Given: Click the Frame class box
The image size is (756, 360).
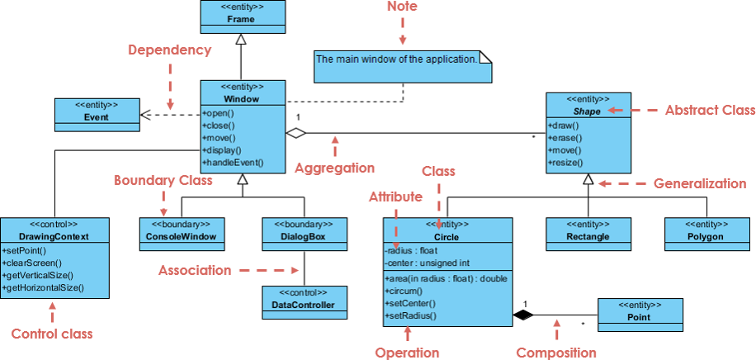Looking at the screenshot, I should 242,13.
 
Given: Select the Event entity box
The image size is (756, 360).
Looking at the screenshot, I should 96,111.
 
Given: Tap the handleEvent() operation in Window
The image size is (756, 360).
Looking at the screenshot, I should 233,163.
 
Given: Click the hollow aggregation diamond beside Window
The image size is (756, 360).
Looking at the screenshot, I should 295,132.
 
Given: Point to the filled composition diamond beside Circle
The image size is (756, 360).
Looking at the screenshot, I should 522,314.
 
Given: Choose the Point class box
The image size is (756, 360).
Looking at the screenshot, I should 640,311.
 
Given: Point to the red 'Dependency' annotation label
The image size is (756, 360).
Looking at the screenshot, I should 169,50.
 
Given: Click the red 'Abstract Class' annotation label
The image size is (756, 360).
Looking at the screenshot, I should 709,109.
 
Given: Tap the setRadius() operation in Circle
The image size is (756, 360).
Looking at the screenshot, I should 410,315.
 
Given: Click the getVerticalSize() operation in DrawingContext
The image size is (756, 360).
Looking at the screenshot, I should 38,275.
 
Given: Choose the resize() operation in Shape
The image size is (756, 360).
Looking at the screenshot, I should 565,163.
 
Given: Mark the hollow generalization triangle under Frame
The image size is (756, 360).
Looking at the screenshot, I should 241,39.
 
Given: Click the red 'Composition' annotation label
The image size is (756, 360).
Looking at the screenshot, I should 555,353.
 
